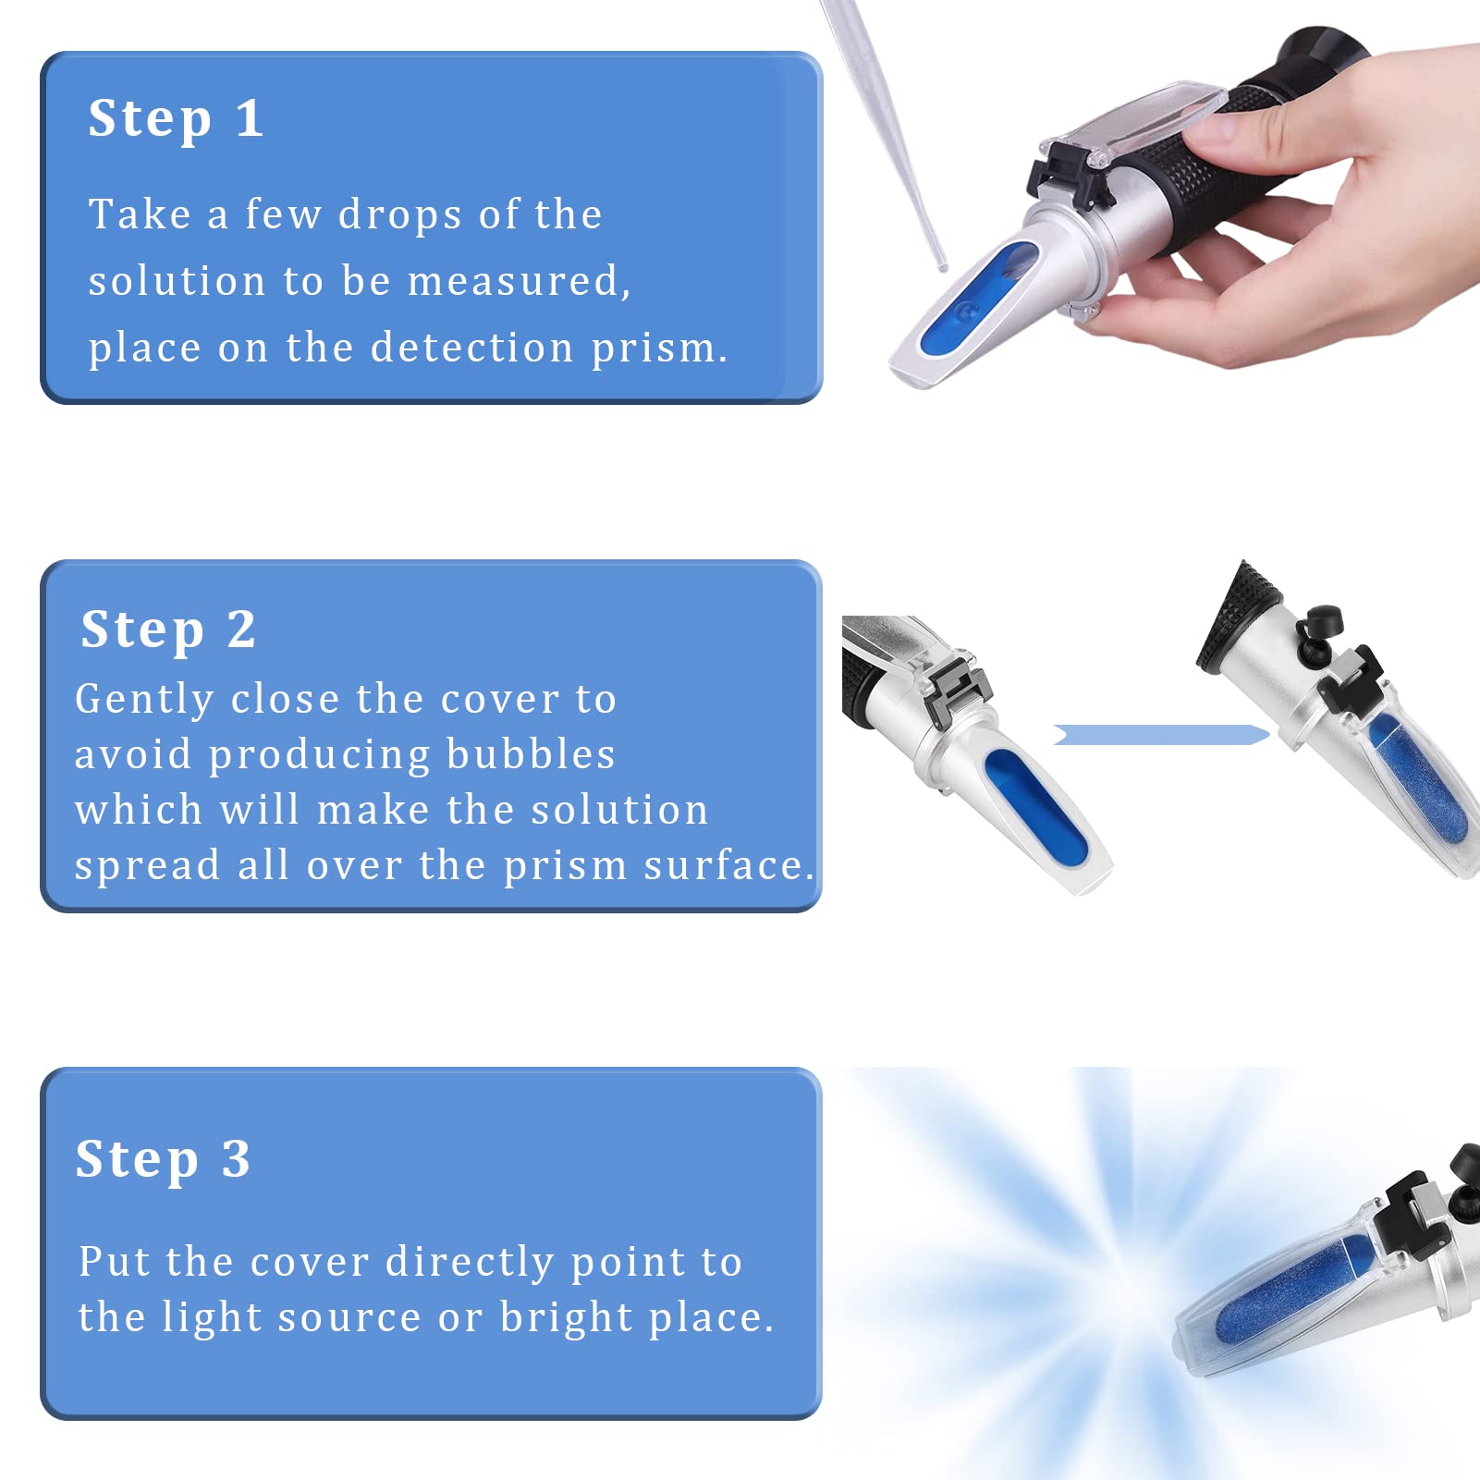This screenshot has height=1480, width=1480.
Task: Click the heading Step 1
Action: (176, 119)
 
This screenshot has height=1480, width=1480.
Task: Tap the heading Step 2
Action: (168, 630)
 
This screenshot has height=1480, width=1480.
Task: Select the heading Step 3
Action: (163, 1159)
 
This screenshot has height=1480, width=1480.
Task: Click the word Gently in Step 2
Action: (144, 700)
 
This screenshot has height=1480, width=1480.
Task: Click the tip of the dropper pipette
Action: (943, 267)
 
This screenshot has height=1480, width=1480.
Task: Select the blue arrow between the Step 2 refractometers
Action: (1161, 735)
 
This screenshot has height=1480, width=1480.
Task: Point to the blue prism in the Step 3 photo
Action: (1294, 1290)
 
